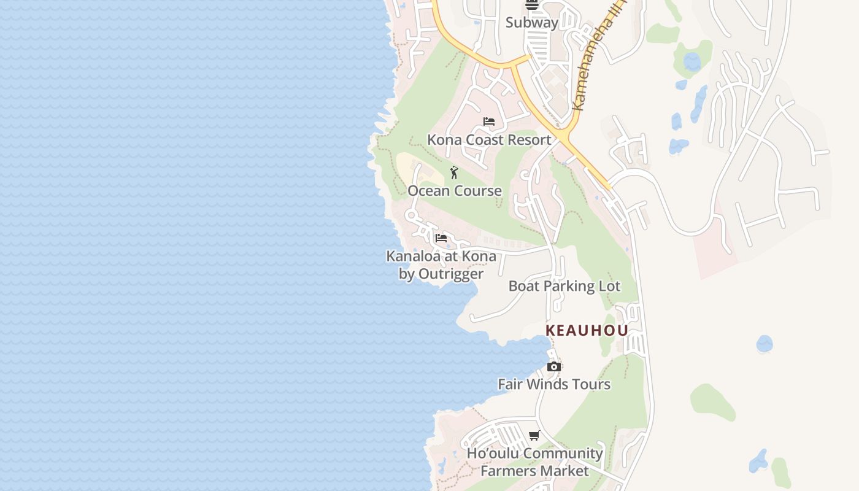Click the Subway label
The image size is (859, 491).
pos(532,23)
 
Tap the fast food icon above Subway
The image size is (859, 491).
pos(532,6)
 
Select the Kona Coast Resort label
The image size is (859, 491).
pos(489,140)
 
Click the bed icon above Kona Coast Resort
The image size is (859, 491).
pos(489,122)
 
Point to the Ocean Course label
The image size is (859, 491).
pos(455,191)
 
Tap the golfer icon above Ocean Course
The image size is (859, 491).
pos(454,172)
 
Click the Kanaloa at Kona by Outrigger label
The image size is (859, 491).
pos(441,265)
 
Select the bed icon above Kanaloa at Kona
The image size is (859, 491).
pos(441,238)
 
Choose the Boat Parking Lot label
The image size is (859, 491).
pos(564,286)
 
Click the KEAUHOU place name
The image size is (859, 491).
pos(587,330)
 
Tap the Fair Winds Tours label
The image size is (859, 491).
pos(554,384)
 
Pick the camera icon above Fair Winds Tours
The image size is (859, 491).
pos(554,367)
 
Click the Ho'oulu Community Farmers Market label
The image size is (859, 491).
pos(535,462)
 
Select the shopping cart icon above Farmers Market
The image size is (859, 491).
pos(534,436)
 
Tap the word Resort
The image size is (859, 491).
pos(529,140)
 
